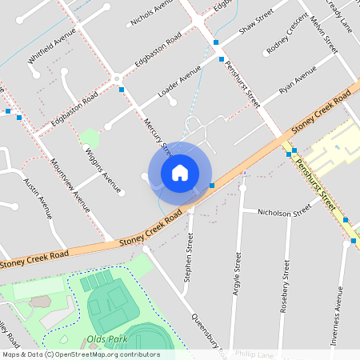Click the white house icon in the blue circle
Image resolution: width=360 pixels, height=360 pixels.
[x=180, y=172]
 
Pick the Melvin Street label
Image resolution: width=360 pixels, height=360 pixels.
[x=324, y=34]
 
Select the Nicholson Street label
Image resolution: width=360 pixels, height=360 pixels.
[x=283, y=213]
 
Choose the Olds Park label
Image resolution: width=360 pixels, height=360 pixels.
[x=108, y=340]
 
